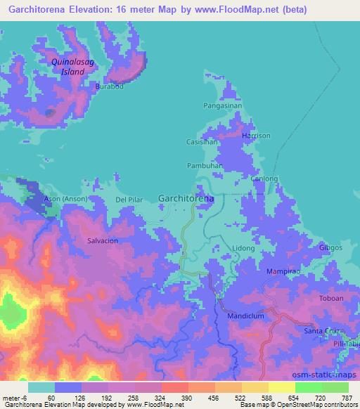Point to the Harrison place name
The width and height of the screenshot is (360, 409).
pyautogui.click(x=255, y=135)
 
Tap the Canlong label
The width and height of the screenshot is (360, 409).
pyautogui.click(x=264, y=179)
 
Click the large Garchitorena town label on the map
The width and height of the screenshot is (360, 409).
pyautogui.click(x=186, y=199)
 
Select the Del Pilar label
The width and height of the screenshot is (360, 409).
pyautogui.click(x=129, y=200)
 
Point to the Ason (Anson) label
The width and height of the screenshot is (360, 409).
pyautogui.click(x=65, y=200)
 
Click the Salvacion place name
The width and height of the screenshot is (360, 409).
pyautogui.click(x=102, y=240)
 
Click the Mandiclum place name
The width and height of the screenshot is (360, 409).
pyautogui.click(x=245, y=316)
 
